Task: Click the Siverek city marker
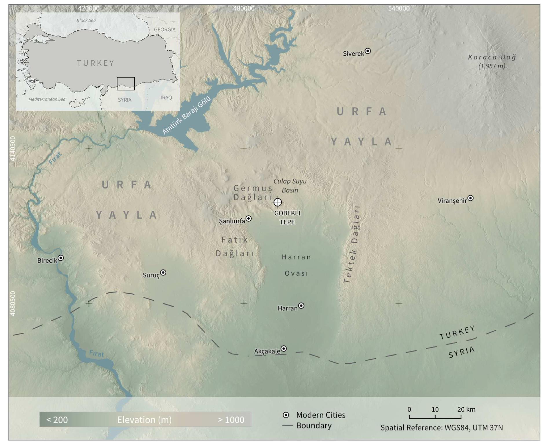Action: point(368,51)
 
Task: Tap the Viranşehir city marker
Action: point(471,198)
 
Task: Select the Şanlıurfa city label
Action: point(232,221)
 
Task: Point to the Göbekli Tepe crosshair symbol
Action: point(277,202)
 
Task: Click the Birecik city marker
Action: point(61,258)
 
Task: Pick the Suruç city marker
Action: point(163,272)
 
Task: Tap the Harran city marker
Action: point(301,306)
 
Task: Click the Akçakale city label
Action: point(267,351)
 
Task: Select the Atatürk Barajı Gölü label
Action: point(186,115)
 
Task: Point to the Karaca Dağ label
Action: point(492,57)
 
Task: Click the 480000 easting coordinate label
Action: point(244,8)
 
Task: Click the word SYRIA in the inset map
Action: point(125,100)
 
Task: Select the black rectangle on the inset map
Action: point(126,84)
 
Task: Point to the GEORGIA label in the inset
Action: point(165,30)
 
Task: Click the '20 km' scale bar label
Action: point(466,409)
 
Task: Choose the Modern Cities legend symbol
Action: point(286,415)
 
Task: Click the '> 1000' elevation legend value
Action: point(231,420)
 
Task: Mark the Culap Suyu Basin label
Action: point(290,186)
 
